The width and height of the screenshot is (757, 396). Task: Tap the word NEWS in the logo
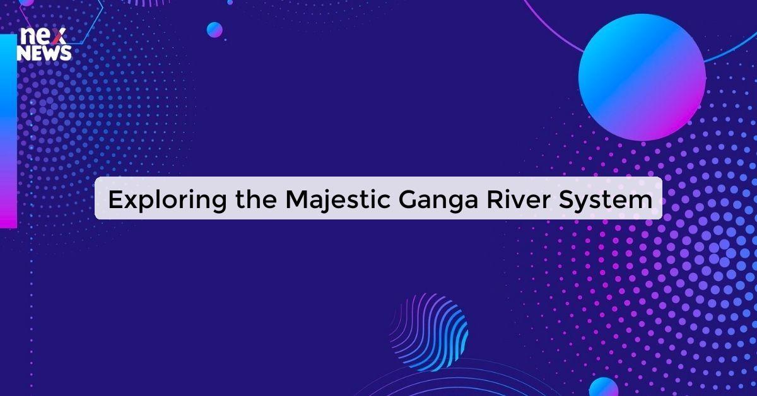click(x=44, y=54)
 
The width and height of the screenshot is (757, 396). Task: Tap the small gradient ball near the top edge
click(x=214, y=30)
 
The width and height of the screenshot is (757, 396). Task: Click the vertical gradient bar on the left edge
click(x=8, y=131)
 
